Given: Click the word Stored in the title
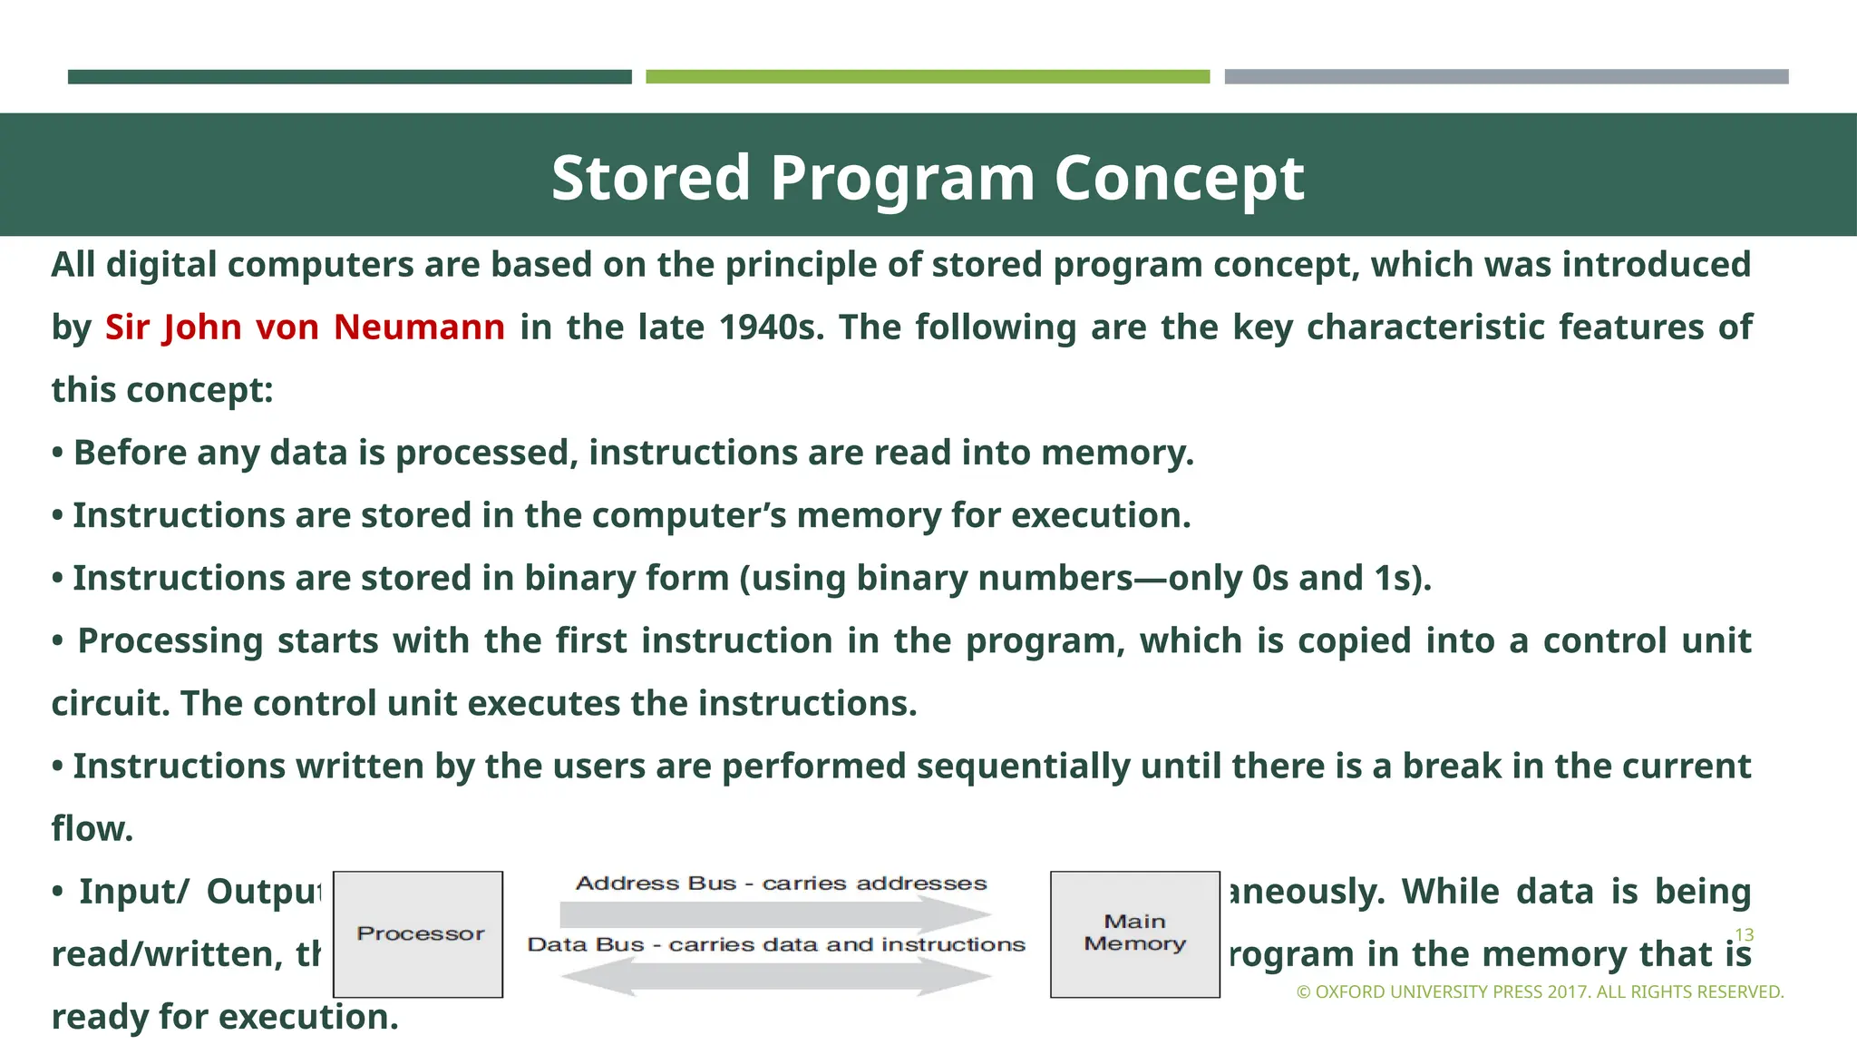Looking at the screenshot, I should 650,178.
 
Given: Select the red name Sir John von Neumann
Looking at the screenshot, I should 305,327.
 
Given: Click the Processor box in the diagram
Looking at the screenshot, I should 418,934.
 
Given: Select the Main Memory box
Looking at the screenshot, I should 1134,934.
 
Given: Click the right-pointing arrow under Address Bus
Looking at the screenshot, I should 776,914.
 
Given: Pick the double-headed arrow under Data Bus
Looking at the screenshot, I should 776,977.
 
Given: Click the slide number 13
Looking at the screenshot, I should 1744,934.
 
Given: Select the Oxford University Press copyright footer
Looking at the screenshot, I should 1540,992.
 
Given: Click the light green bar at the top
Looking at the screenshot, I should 928,77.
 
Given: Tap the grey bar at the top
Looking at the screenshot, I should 1506,77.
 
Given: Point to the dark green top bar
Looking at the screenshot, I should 349,77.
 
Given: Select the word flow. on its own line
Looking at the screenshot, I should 92,829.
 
